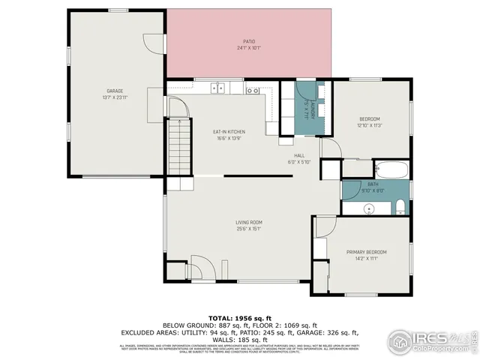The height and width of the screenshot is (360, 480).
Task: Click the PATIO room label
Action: (248, 41)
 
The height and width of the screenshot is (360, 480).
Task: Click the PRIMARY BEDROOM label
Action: (366, 252)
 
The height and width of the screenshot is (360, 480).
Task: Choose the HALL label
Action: (298, 155)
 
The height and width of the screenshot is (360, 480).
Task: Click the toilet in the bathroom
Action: (400, 207)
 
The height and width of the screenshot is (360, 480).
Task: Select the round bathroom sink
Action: (370, 208)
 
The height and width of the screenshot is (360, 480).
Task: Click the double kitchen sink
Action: (217, 88)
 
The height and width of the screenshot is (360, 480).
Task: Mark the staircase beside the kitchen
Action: (178, 148)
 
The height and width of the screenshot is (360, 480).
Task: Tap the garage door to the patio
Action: (154, 42)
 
